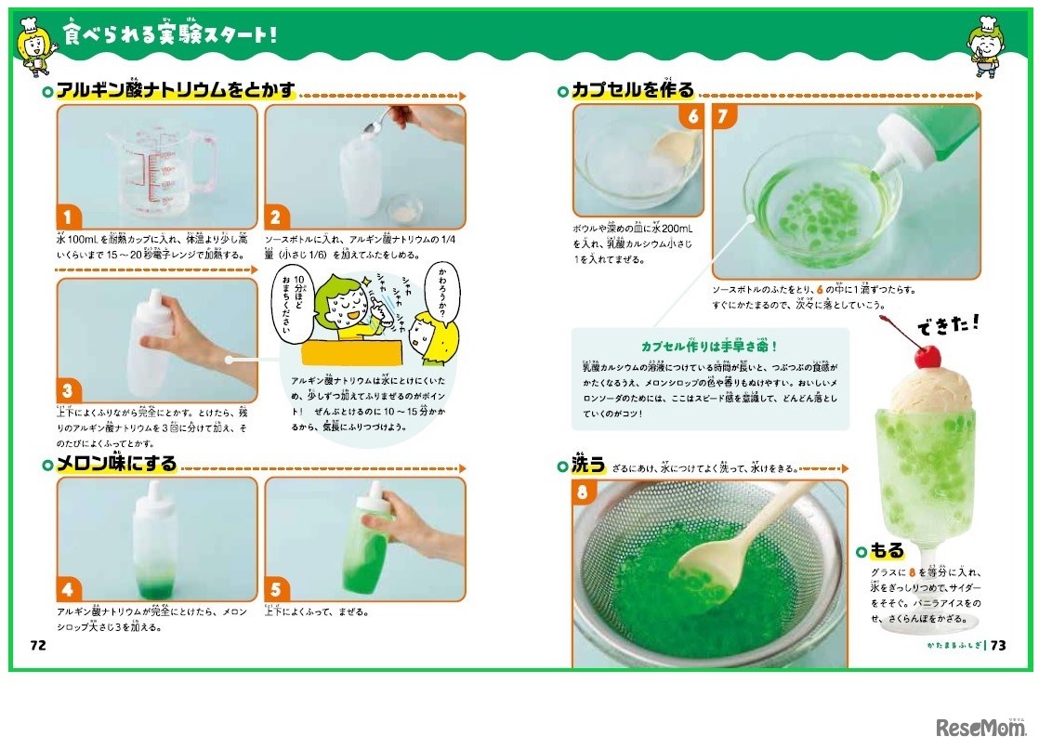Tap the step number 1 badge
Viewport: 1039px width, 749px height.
coord(70,217)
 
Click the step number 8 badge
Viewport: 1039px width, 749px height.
coord(584,492)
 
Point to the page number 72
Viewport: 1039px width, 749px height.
coord(38,644)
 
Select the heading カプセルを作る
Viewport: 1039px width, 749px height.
coord(633,90)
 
